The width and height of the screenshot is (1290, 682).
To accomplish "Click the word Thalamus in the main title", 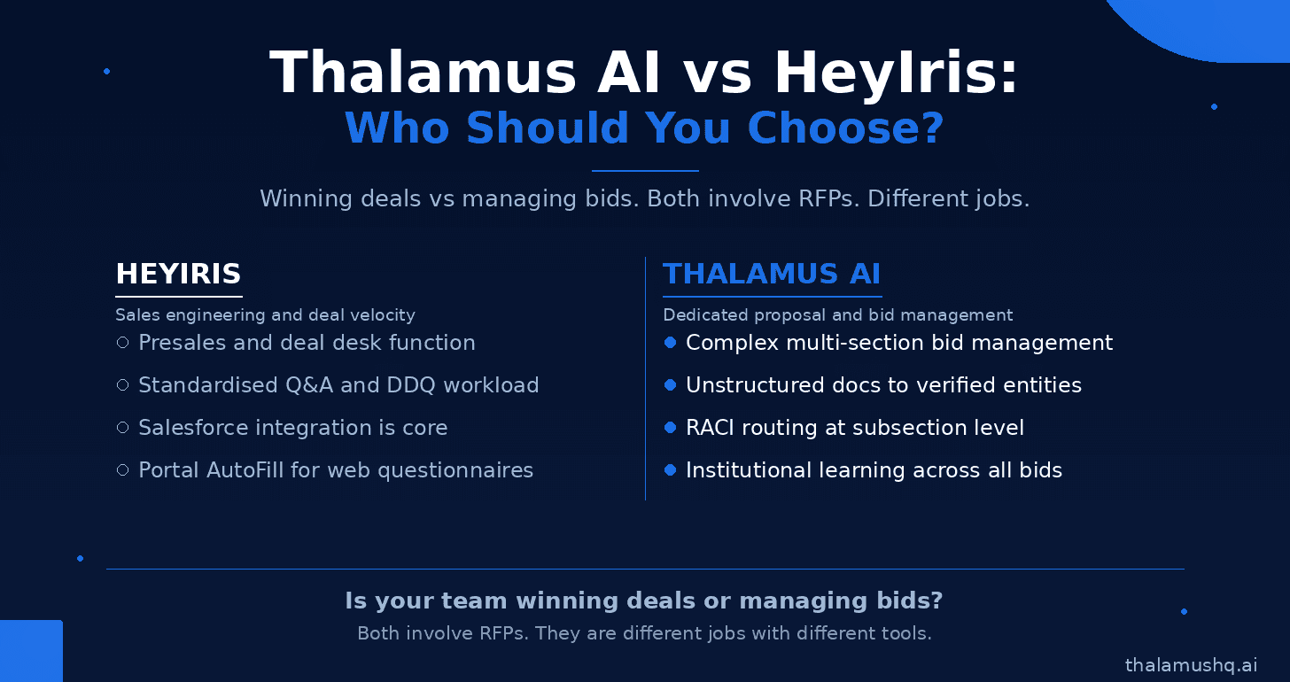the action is (x=423, y=73).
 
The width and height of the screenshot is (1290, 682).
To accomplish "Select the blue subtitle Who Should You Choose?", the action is (x=644, y=128).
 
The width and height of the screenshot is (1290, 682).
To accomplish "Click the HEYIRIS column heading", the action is (x=178, y=274).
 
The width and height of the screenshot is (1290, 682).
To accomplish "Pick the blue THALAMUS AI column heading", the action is (x=772, y=274).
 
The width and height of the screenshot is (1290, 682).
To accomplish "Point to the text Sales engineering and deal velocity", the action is (x=265, y=314).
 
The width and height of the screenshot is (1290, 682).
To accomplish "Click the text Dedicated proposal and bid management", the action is (x=837, y=314).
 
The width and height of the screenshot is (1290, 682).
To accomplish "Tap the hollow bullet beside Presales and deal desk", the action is (x=122, y=343).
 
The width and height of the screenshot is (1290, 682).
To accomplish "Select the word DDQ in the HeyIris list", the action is (x=411, y=385).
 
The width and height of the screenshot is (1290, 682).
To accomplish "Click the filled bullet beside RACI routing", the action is (x=670, y=428).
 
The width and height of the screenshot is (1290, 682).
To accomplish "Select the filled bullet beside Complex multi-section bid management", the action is (x=670, y=343).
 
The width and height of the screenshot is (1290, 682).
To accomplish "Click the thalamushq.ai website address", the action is (x=1191, y=665).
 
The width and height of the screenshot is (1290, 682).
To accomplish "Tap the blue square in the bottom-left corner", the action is (x=31, y=651).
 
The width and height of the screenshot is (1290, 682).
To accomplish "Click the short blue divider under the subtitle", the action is (x=645, y=171).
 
